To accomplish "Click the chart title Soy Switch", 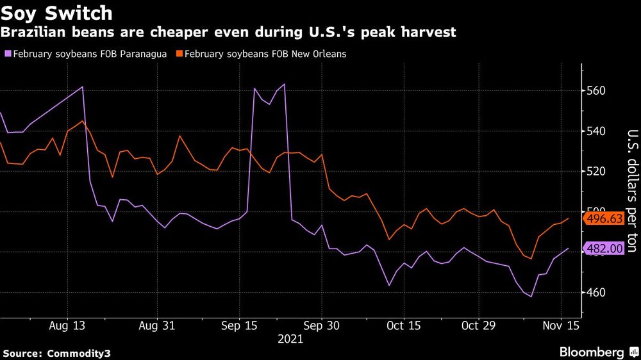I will pyautogui.click(x=57, y=13).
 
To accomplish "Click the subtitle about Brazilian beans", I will pyautogui.click(x=228, y=33).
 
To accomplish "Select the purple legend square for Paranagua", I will pyautogui.click(x=6, y=54).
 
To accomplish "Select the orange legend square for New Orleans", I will pyautogui.click(x=179, y=54).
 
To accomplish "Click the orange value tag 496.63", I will pyautogui.click(x=604, y=219).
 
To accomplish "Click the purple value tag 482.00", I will pyautogui.click(x=604, y=249).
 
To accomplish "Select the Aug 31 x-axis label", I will pyautogui.click(x=156, y=325).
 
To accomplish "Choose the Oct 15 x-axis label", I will pyautogui.click(x=404, y=325).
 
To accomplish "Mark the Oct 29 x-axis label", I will pyautogui.click(x=479, y=325).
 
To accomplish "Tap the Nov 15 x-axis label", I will pyautogui.click(x=561, y=325).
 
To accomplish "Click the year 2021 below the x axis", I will pyautogui.click(x=290, y=340).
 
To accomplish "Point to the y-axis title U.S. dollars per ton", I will pyautogui.click(x=631, y=191).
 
